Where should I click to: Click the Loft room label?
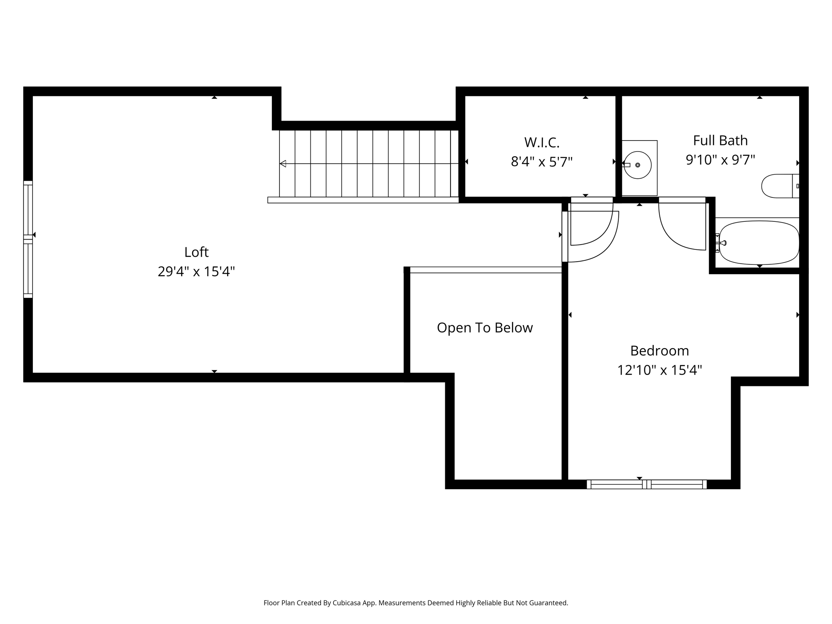click(196, 252)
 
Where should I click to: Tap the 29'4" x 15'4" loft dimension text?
click(196, 271)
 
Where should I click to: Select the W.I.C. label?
click(542, 142)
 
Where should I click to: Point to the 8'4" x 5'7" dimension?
click(542, 162)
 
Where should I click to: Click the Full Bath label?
click(720, 141)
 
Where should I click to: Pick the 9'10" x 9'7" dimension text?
click(720, 160)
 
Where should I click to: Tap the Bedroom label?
click(660, 351)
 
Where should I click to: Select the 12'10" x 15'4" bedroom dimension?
click(660, 370)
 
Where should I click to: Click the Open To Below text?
click(485, 328)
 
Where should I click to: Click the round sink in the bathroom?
click(637, 165)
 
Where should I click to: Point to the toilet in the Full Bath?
click(780, 186)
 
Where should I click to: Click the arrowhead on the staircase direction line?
click(283, 164)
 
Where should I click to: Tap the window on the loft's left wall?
click(28, 239)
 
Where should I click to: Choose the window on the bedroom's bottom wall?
click(647, 484)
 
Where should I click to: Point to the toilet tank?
click(796, 186)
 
